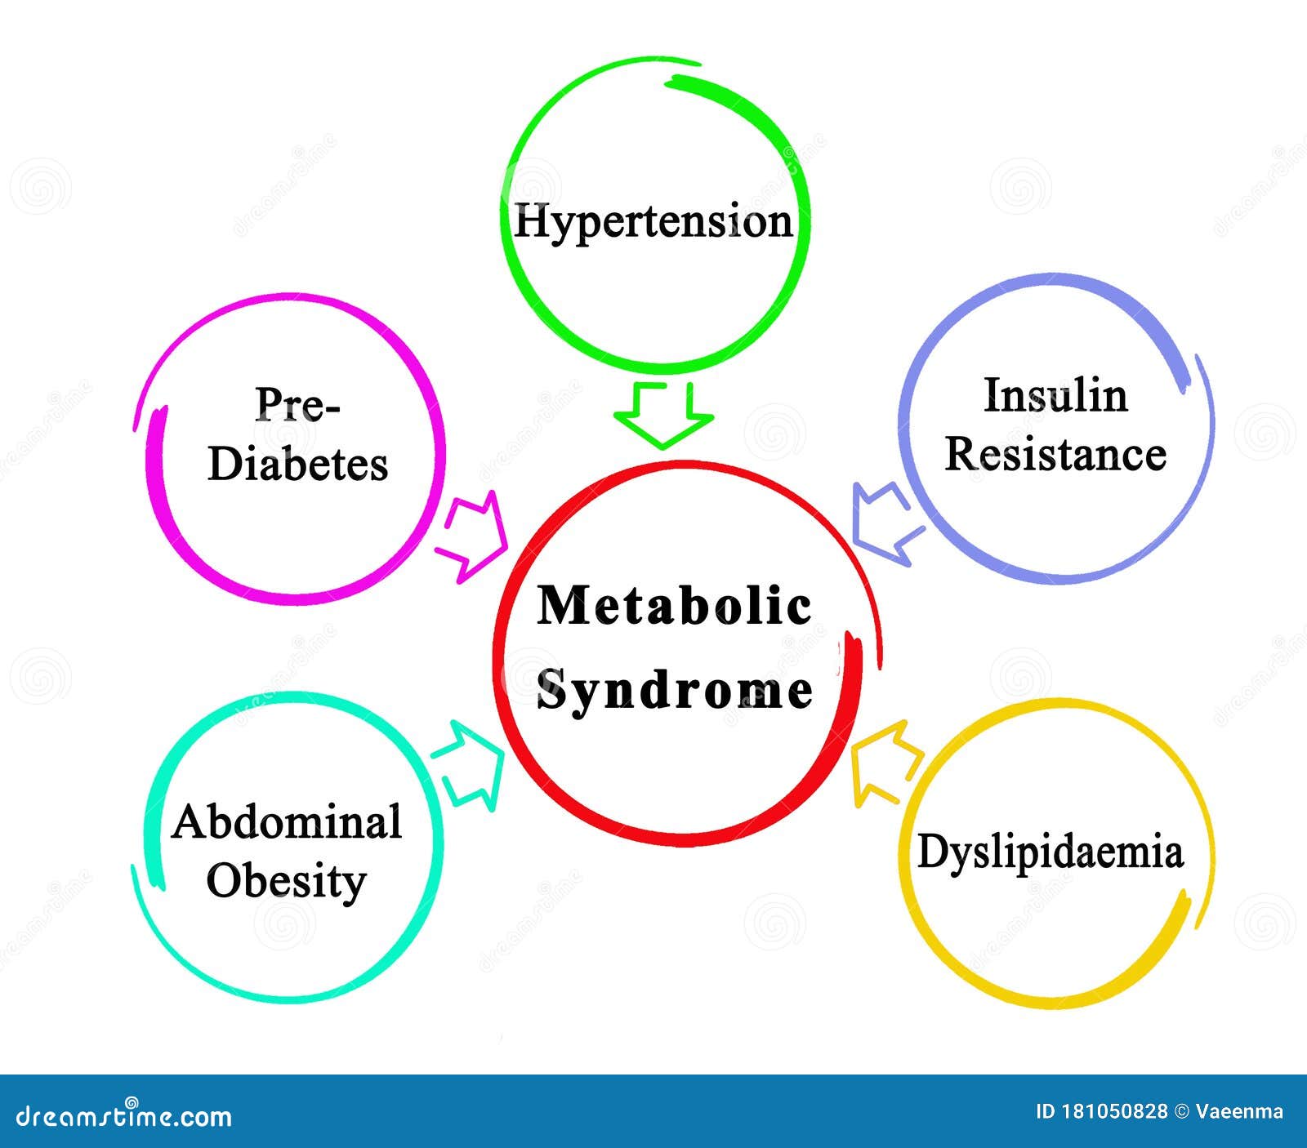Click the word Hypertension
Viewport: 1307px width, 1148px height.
[x=653, y=222]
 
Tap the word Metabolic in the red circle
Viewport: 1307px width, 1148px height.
[x=674, y=606]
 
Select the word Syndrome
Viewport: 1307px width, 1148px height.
[x=674, y=691]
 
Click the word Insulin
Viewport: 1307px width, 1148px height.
[x=1055, y=396]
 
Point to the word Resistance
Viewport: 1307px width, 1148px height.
[x=1055, y=455]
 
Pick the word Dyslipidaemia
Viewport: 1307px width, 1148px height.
[x=1051, y=852]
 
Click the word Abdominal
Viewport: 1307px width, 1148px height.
[x=287, y=822]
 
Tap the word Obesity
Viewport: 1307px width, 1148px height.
[x=286, y=882]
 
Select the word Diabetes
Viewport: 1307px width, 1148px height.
[x=297, y=464]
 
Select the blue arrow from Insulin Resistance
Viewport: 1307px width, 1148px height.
[x=885, y=523]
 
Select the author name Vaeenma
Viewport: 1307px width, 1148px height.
[x=1239, y=1111]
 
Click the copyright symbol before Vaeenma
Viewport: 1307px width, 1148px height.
[x=1181, y=1111]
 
